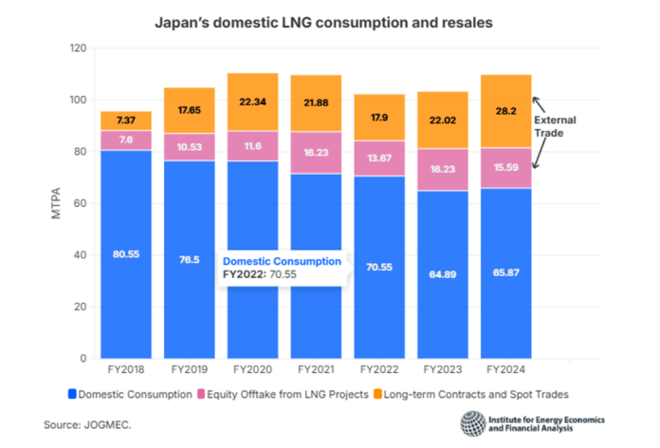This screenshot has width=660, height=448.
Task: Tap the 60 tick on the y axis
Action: tap(81, 204)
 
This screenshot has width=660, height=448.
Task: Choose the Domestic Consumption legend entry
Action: tap(129, 392)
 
